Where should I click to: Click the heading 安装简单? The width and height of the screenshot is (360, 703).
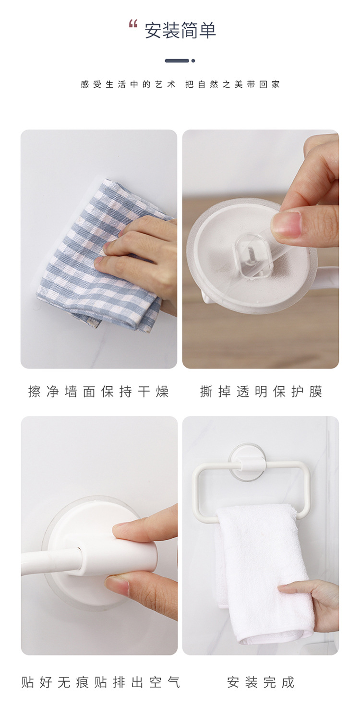(x=180, y=31)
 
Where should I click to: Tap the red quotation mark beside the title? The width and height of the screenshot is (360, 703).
(x=133, y=24)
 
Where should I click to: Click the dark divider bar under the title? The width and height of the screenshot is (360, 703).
(x=177, y=60)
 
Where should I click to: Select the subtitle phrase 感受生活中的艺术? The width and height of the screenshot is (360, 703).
(x=128, y=84)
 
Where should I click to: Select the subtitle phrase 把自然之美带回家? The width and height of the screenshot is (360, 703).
(x=233, y=84)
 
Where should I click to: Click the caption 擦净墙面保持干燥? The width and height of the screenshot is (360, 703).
(x=98, y=392)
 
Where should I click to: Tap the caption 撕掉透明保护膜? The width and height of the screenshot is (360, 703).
(x=261, y=392)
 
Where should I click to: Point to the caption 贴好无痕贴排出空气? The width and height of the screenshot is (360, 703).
(x=101, y=682)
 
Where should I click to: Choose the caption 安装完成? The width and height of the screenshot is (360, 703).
(x=261, y=682)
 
